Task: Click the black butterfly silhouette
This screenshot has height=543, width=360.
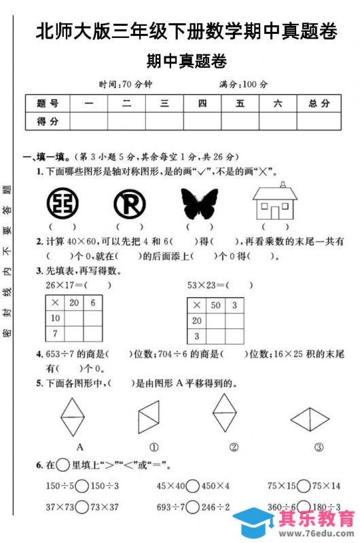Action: click(x=199, y=204)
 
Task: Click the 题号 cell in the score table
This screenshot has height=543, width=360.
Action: click(x=48, y=103)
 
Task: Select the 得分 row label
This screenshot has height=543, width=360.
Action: click(x=48, y=121)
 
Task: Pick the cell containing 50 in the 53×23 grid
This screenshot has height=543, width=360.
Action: click(x=217, y=305)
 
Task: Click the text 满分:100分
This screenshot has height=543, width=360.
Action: click(x=243, y=84)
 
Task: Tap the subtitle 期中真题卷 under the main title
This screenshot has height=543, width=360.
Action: click(x=186, y=61)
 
